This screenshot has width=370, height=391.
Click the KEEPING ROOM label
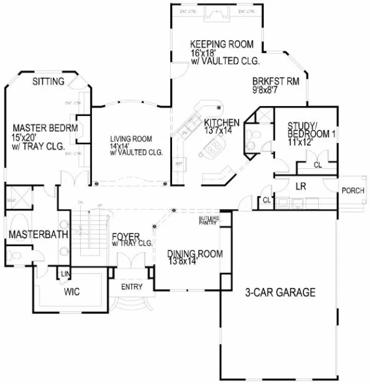pos(221,44)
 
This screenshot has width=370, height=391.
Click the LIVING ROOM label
pos(131,139)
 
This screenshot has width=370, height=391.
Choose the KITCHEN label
pos(222,122)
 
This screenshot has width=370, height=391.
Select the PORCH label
pos(353,191)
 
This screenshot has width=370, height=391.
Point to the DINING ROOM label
pos(194,254)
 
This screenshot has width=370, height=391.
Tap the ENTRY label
pos(131,287)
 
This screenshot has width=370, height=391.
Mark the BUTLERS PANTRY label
pos(209,221)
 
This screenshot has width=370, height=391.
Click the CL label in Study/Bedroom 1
pos(317,164)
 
